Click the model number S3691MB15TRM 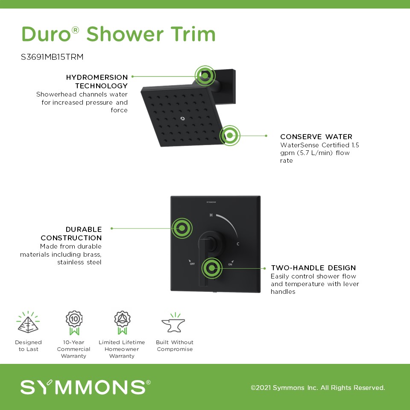(52, 57)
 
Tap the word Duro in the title (47, 34)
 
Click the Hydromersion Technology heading (97, 81)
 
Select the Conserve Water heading (316, 137)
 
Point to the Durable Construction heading (71, 234)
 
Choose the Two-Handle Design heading (313, 268)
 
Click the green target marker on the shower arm (205, 76)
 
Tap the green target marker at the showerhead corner (230, 135)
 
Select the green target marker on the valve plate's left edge (182, 228)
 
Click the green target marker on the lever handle (212, 268)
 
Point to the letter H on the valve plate (211, 215)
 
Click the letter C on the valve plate (238, 244)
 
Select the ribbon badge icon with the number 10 (74, 323)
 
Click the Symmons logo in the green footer (85, 387)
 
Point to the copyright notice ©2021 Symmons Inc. (318, 387)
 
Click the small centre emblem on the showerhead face (182, 119)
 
